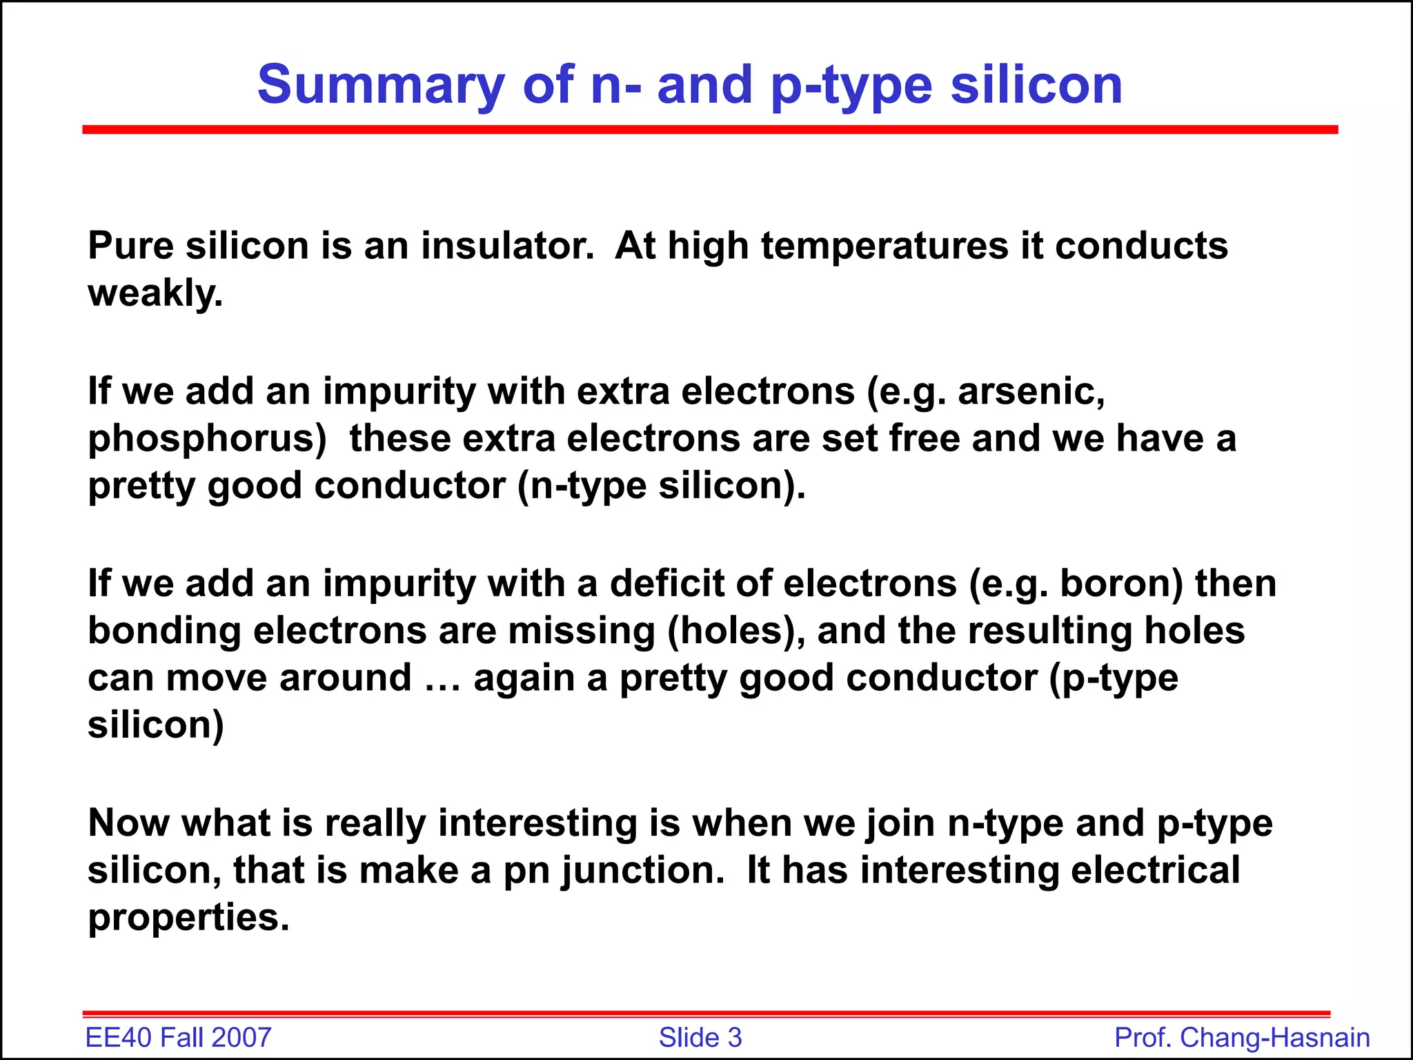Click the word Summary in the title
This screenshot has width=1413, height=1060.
pyautogui.click(x=382, y=86)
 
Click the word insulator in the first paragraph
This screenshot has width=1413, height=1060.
pyautogui.click(x=507, y=246)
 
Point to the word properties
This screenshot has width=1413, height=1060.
pyautogui.click(x=188, y=919)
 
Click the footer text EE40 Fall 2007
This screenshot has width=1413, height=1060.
pyautogui.click(x=178, y=1038)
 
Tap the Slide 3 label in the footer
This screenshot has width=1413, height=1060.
pyautogui.click(x=700, y=1038)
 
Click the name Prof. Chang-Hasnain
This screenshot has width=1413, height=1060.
pyautogui.click(x=1242, y=1038)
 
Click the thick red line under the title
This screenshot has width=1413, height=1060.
pyautogui.click(x=709, y=130)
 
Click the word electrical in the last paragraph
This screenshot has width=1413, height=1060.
pyautogui.click(x=1155, y=871)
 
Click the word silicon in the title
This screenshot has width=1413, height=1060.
pyautogui.click(x=1036, y=86)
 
